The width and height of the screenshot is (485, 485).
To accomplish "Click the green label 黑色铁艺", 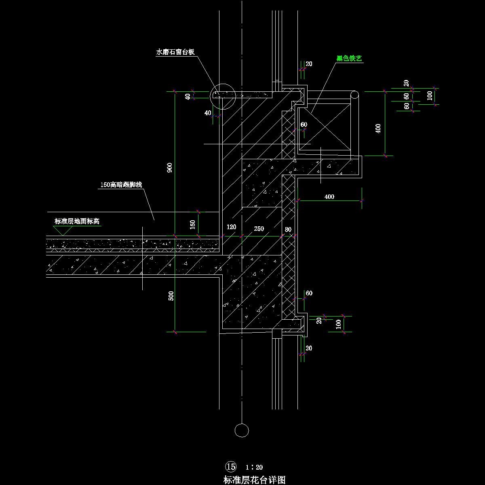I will (x=349, y=59).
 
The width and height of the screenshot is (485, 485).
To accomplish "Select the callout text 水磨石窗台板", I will (x=175, y=52).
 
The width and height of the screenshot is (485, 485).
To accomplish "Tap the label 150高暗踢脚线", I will (x=121, y=185).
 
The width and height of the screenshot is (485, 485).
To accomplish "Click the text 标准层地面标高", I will (x=77, y=221).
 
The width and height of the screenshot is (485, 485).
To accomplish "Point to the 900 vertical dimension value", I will (x=170, y=168).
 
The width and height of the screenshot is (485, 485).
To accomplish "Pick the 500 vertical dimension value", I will (x=171, y=295).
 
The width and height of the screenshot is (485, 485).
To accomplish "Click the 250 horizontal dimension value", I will (x=259, y=229).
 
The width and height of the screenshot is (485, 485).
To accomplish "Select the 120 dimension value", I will (x=231, y=228).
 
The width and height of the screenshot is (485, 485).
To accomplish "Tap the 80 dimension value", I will (x=288, y=229).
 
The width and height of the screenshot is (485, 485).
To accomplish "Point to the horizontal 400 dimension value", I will (x=329, y=197).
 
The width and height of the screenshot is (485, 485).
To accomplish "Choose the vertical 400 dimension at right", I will (x=378, y=129).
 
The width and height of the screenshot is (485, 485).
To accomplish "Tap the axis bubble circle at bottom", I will (x=242, y=430).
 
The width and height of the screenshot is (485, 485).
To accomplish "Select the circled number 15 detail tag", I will (x=231, y=467).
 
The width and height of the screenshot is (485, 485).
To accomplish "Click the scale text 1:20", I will (x=254, y=467).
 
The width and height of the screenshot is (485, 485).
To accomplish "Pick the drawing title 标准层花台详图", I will (x=254, y=480).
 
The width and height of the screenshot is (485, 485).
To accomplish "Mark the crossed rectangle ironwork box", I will (x=325, y=127).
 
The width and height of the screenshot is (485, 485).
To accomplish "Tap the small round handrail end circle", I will (x=354, y=95).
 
